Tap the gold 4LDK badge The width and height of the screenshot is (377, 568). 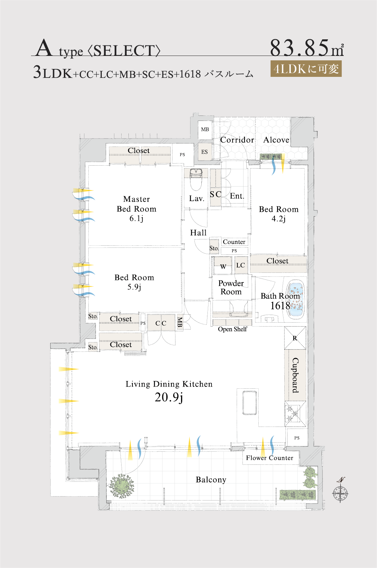click(x=306, y=69)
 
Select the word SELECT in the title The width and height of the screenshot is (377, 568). click(x=124, y=51)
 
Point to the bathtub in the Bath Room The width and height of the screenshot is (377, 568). click(x=295, y=300)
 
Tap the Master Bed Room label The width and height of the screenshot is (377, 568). click(x=136, y=204)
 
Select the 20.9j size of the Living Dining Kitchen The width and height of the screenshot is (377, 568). click(x=169, y=397)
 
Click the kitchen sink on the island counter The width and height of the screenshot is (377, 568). click(x=250, y=403)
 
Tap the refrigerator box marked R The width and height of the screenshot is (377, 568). click(x=295, y=338)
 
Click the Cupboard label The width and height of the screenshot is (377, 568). click(x=295, y=375)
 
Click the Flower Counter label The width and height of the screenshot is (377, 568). click(x=269, y=458)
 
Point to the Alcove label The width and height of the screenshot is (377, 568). click(x=276, y=140)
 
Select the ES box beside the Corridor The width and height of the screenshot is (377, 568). click(x=205, y=152)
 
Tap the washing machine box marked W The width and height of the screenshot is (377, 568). click(x=223, y=266)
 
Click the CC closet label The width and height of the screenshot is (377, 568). click(x=161, y=323)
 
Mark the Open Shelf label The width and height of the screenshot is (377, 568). click(x=232, y=329)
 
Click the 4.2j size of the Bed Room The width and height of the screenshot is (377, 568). click(x=279, y=219)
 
